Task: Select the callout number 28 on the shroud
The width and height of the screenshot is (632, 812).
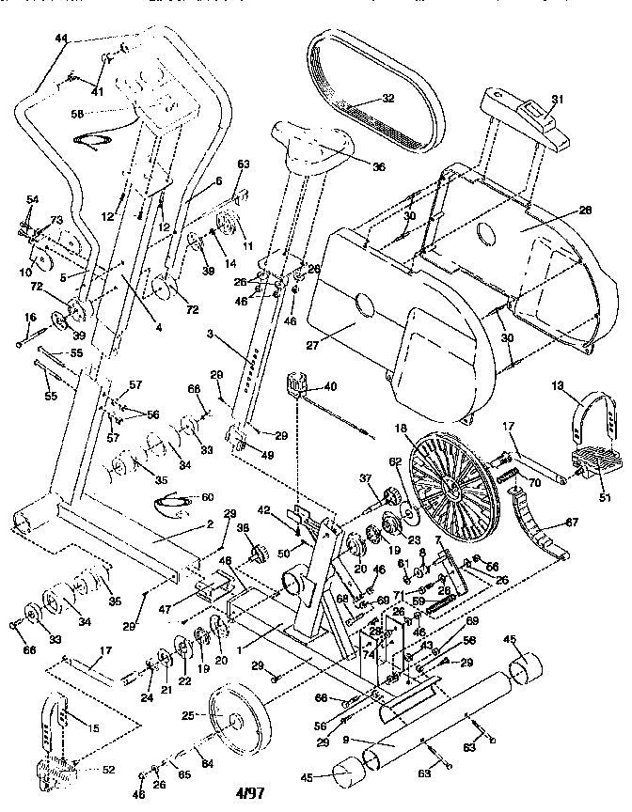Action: [x=585, y=211]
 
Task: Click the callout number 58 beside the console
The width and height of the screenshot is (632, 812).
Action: [x=76, y=114]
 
